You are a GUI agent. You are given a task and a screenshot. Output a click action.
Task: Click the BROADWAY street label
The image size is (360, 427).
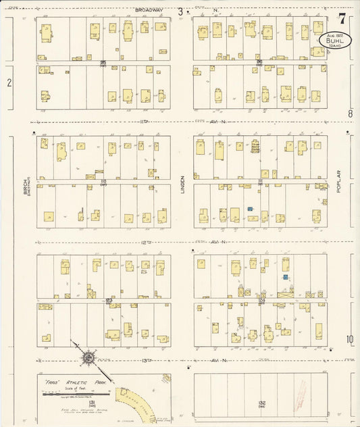tap(149, 10)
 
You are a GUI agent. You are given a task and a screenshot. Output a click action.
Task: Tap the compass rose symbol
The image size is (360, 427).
tap(88, 357)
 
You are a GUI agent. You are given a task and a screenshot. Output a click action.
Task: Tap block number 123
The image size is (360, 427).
tap(108, 300)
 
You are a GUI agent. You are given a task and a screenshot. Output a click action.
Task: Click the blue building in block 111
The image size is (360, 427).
tap(250, 210)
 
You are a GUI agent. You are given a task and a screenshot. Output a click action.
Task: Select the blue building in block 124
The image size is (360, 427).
tap(286, 277)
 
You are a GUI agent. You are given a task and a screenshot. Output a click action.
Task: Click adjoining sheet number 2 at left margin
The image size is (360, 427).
tap(9, 83)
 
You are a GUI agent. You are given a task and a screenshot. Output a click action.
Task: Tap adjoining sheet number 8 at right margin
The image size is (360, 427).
tap(350, 114)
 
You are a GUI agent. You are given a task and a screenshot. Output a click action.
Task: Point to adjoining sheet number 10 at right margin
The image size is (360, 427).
tap(350, 339)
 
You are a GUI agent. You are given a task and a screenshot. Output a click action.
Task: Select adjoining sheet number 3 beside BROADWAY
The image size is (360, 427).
tap(180, 11)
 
